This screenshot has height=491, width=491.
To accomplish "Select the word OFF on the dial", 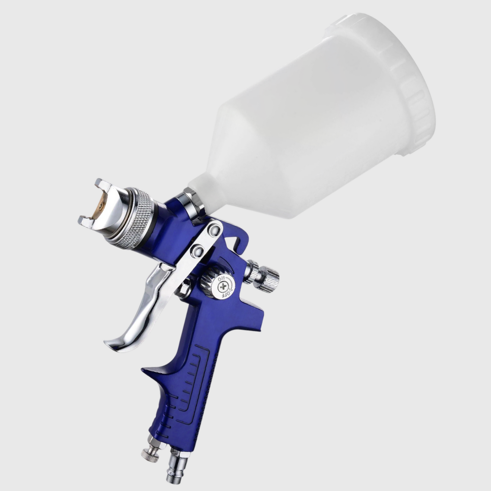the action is click(x=227, y=295).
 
